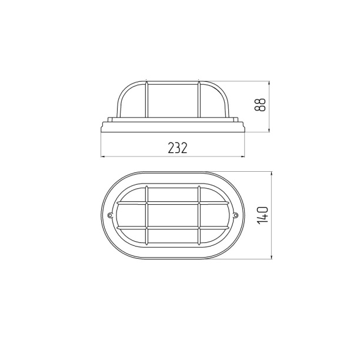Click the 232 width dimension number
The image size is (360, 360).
(178, 148)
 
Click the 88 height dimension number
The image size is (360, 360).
(260, 105)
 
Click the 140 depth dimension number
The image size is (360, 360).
(262, 215)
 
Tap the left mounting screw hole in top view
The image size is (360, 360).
(110, 215)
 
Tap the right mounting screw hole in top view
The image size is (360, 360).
(236, 215)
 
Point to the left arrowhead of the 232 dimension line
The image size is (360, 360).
(103, 157)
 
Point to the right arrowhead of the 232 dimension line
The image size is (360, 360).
(243, 157)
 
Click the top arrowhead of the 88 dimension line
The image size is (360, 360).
(269, 83)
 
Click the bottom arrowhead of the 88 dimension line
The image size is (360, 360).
(269, 130)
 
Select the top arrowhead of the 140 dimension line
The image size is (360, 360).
(272, 174)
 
